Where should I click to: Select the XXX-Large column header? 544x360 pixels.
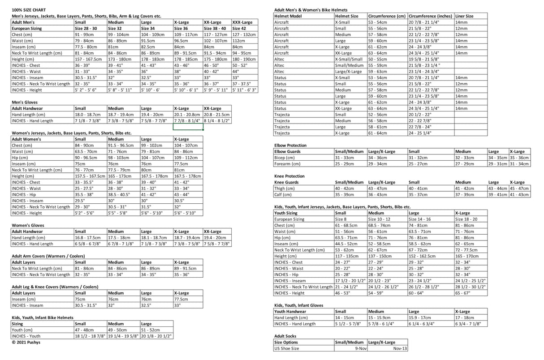pyautogui.click(x=242, y=22)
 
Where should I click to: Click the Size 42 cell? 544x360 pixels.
pyautogui.click(x=239, y=28)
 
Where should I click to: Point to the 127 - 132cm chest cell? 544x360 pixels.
pyautogui.click(x=244, y=34)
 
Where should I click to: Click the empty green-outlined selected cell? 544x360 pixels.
pyautogui.click(x=188, y=127)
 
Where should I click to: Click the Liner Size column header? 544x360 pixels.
pyautogui.click(x=464, y=16)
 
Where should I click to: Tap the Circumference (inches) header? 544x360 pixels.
pyautogui.click(x=430, y=16)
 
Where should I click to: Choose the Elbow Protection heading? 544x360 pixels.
pyautogui.click(x=290, y=145)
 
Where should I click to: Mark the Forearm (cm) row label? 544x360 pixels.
pyautogui.click(x=287, y=164)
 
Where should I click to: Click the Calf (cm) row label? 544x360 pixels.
pyautogui.click(x=284, y=195)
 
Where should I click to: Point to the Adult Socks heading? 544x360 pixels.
pyautogui.click(x=285, y=336)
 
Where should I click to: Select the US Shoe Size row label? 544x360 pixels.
pyautogui.click(x=287, y=348)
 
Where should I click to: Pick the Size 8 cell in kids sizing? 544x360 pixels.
pyautogui.click(x=341, y=219)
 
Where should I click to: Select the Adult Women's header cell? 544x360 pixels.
pyautogui.click(x=26, y=139)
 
